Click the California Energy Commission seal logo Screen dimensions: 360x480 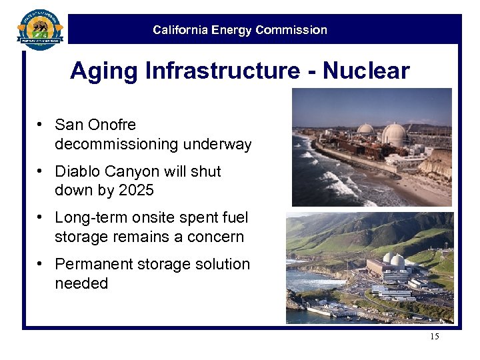[x=39, y=29]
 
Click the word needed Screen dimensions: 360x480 [x=81, y=283]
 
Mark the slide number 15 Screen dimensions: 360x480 [x=435, y=337]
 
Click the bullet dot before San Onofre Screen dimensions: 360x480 [x=41, y=125]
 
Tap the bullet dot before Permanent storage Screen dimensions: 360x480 [x=41, y=264]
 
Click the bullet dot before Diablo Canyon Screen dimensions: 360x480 [x=41, y=171]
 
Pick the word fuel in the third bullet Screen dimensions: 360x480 [x=236, y=218]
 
